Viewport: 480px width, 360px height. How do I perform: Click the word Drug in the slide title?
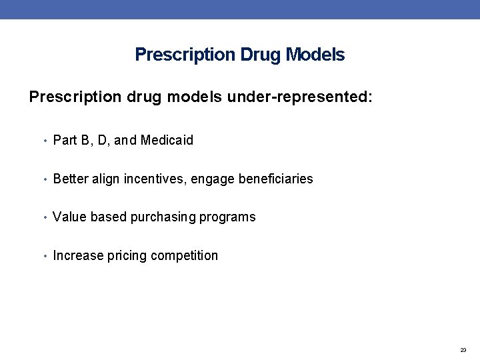(x=261, y=55)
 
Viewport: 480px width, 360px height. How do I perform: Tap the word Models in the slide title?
(x=315, y=55)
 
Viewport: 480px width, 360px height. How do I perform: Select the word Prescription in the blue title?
(x=184, y=55)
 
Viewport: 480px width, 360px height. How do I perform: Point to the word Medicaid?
(x=167, y=140)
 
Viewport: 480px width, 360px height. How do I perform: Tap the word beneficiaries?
(x=275, y=179)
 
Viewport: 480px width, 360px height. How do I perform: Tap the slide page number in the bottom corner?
(x=463, y=350)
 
